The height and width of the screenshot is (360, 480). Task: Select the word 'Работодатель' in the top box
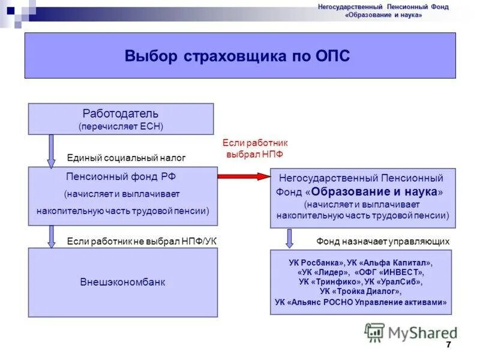[x=121, y=113]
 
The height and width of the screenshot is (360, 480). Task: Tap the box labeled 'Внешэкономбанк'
[x=122, y=282]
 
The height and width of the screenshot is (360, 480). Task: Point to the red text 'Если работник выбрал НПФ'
[x=255, y=148]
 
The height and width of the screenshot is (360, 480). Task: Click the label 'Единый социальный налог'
[x=126, y=158]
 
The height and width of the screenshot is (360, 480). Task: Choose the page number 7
[x=448, y=344]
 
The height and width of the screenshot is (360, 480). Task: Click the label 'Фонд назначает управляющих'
[x=383, y=241]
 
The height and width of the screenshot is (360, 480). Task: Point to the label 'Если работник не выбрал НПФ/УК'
[x=142, y=241]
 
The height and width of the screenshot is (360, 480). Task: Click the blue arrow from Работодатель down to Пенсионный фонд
[x=52, y=150]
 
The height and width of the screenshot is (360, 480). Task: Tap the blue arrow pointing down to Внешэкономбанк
[x=52, y=236]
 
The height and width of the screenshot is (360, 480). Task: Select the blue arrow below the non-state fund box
[x=289, y=238]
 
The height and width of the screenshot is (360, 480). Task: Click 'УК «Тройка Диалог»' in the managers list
[x=361, y=291]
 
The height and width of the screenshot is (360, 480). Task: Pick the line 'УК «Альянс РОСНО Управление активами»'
[x=361, y=302]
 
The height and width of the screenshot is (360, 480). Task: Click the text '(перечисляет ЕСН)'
[x=121, y=126]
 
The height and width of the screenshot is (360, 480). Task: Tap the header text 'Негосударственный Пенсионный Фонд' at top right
[x=382, y=7]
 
